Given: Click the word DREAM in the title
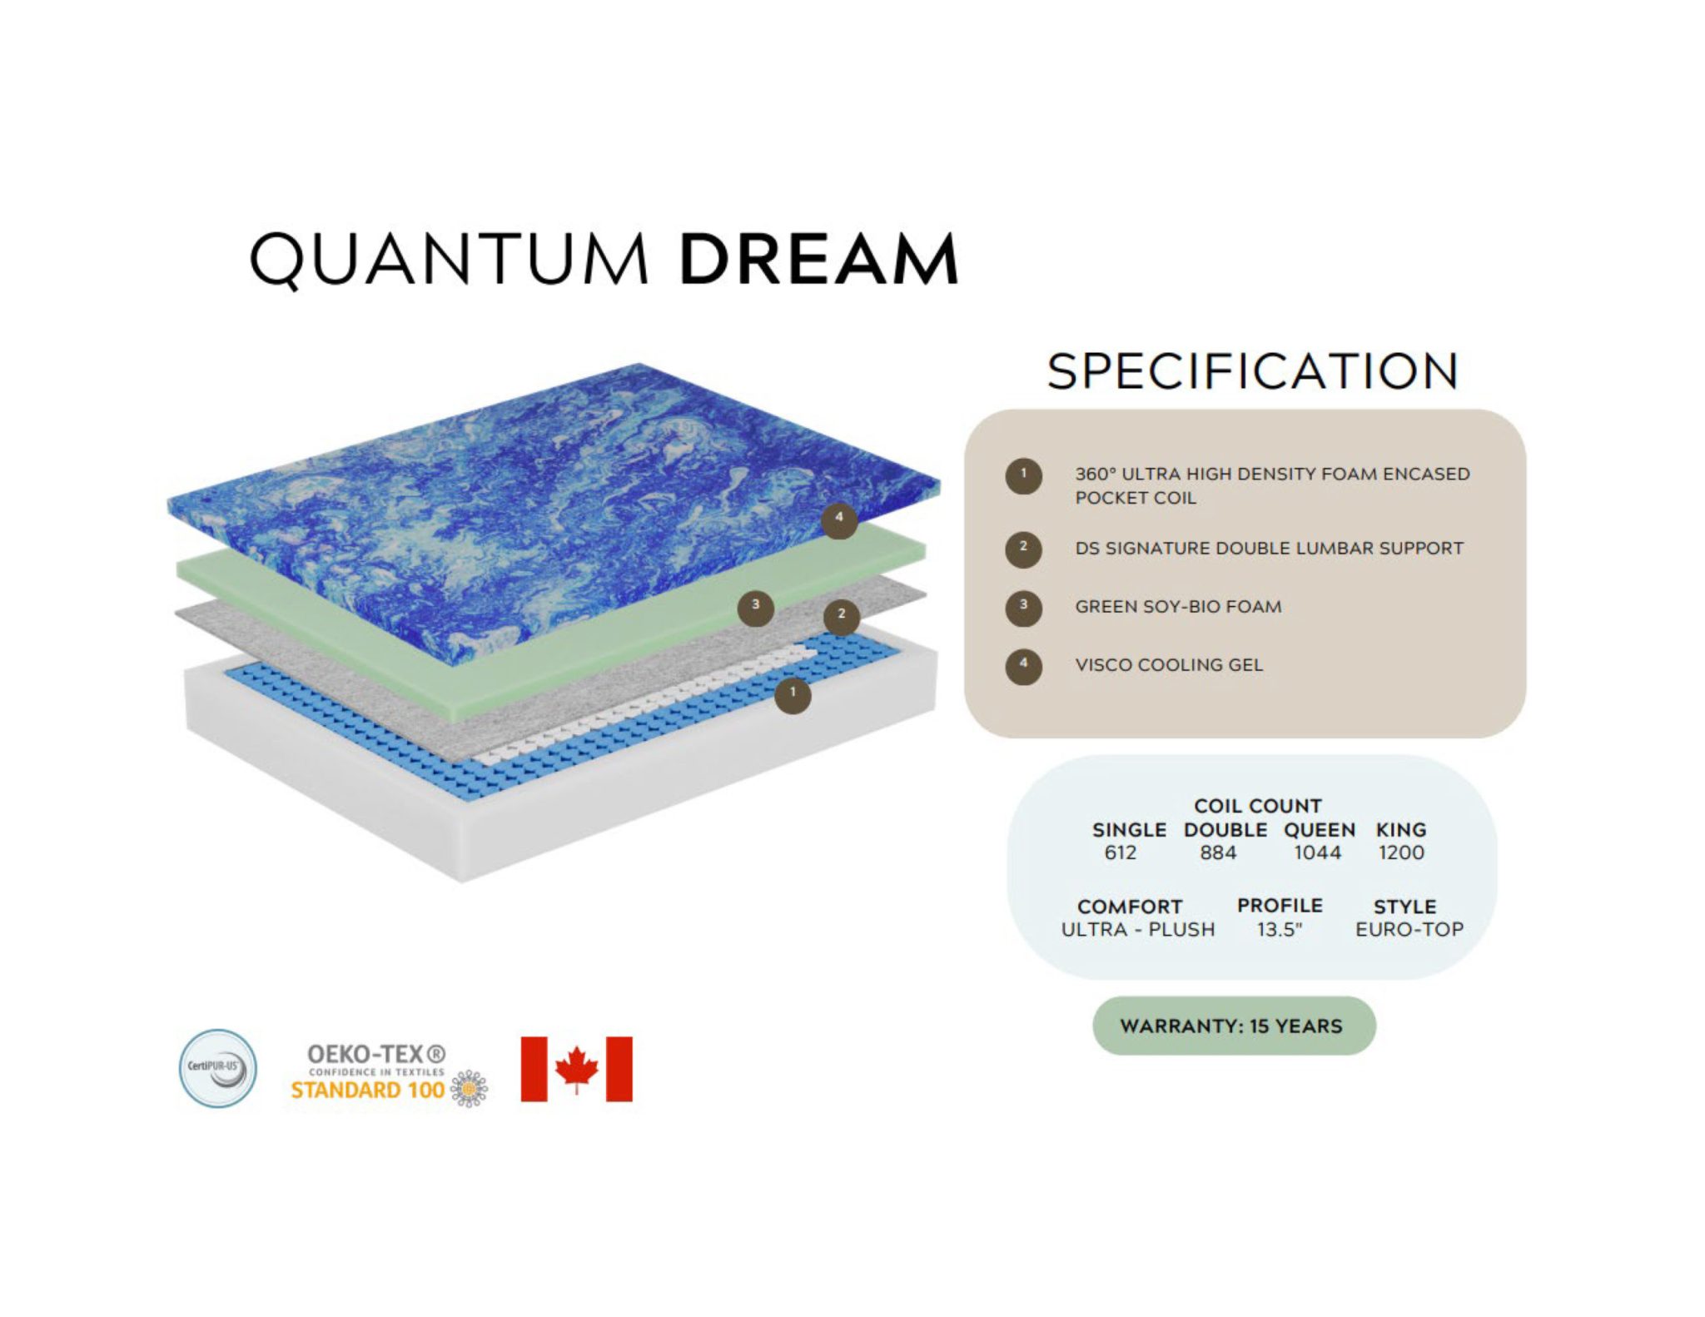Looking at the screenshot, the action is [x=819, y=259].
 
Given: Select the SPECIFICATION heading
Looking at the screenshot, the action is [x=1252, y=371].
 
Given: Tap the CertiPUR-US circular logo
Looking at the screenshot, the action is [x=218, y=1068].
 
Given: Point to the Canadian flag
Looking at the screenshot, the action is [x=576, y=1069].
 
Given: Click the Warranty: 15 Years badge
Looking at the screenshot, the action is [x=1234, y=1026].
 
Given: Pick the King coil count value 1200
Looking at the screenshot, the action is [x=1401, y=852].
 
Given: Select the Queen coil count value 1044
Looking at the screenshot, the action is [x=1317, y=852].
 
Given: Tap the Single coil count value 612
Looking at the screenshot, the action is [x=1121, y=852].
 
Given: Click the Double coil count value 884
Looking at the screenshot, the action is [x=1218, y=852].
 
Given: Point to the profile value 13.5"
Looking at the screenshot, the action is [x=1280, y=929].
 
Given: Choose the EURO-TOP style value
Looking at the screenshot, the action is [x=1409, y=929].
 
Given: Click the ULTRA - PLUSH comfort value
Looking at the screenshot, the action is [x=1138, y=929].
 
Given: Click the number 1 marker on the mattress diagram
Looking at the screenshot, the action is [x=793, y=694].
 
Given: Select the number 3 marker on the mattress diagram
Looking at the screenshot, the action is [x=756, y=608].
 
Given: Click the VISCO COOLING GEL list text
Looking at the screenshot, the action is [x=1169, y=665].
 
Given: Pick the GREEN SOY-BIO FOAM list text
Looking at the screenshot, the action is [x=1178, y=607].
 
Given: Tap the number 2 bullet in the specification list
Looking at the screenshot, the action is [x=1023, y=549].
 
